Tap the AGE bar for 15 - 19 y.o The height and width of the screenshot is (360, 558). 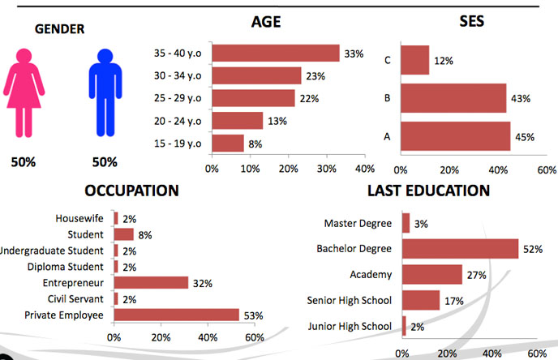(228, 144)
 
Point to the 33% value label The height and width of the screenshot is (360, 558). (353, 54)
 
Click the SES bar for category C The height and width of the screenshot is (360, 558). (416, 61)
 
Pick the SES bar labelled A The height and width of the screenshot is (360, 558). (457, 136)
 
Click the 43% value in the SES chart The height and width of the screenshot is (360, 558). (521, 99)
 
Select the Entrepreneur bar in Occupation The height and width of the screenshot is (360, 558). (151, 283)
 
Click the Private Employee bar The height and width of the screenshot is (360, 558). (176, 315)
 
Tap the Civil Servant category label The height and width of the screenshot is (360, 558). (77, 299)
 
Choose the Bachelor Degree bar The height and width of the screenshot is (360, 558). (460, 248)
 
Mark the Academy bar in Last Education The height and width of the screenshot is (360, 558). (431, 275)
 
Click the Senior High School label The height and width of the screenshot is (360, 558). (350, 301)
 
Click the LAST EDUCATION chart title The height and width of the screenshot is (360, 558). (428, 191)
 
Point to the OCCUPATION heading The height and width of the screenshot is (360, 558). (131, 191)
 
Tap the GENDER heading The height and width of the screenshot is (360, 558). (59, 31)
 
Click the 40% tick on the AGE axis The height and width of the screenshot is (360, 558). (364, 169)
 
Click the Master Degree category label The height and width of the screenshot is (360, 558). (358, 223)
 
